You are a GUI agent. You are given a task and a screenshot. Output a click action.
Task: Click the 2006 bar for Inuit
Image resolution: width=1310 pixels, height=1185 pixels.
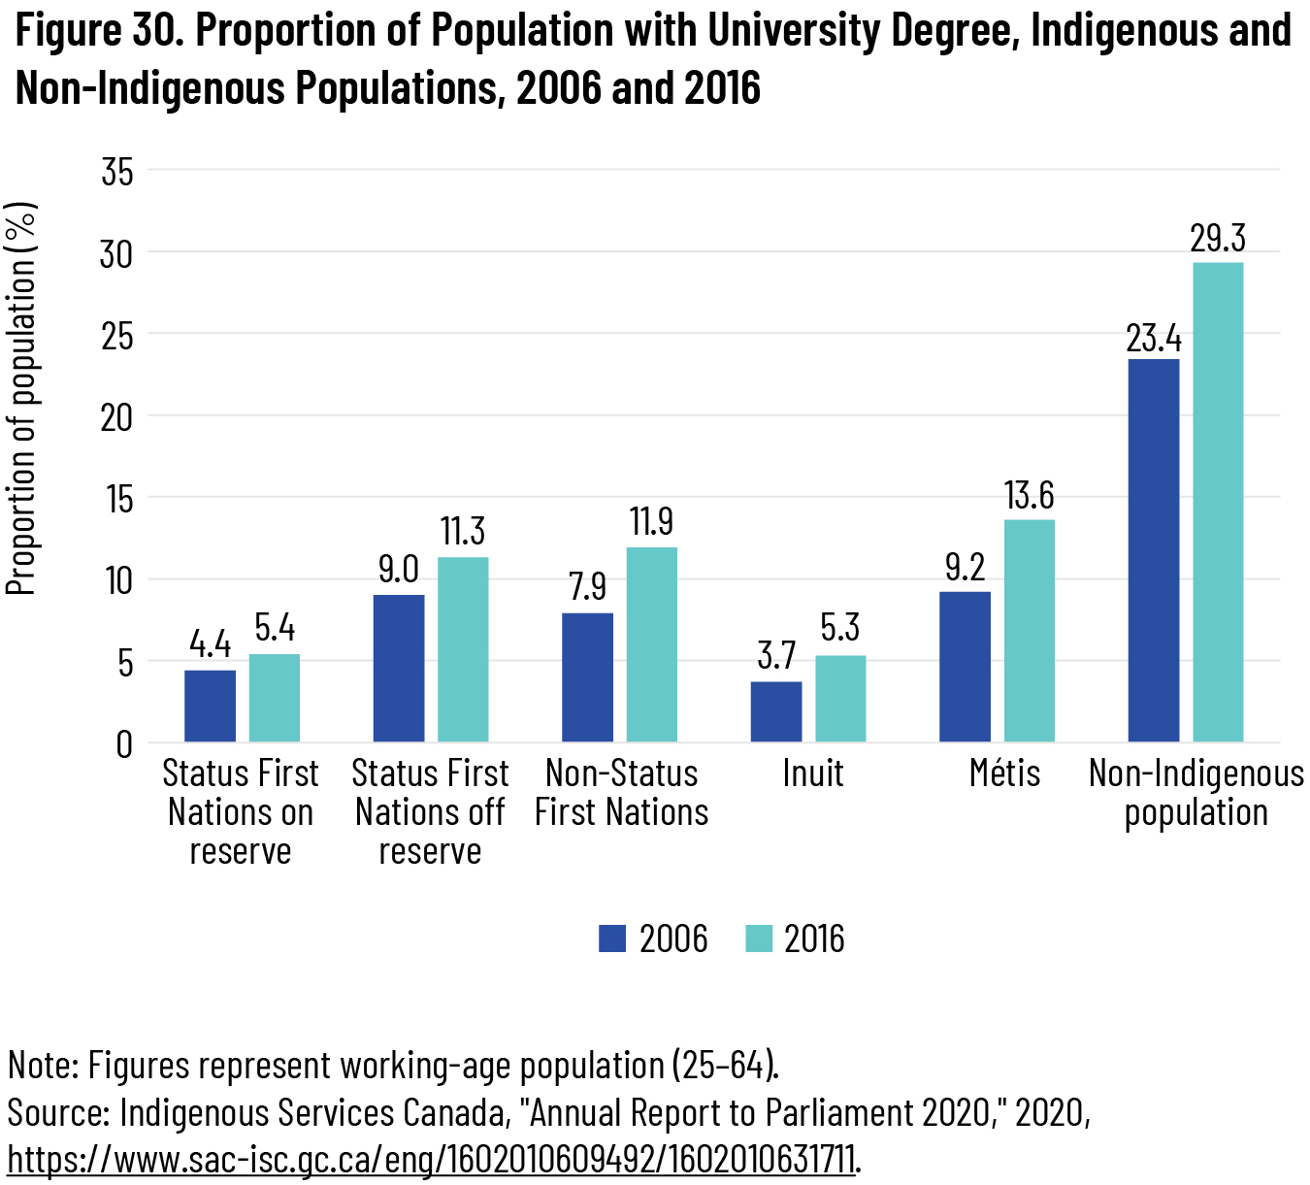(776, 711)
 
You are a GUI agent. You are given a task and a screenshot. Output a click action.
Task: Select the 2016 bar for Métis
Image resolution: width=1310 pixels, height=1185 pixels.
(1030, 631)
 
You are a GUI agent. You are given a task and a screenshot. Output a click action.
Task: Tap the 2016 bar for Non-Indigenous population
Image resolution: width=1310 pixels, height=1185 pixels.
(1218, 502)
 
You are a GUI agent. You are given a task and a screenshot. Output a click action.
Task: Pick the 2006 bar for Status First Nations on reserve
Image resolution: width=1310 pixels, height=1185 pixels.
(210, 706)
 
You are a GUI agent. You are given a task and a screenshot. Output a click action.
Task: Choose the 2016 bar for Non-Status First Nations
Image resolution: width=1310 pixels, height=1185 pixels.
(652, 644)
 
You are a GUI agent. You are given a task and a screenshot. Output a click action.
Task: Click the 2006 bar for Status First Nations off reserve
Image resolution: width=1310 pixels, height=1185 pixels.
(399, 668)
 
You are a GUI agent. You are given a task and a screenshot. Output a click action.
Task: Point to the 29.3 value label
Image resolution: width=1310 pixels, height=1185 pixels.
(1218, 239)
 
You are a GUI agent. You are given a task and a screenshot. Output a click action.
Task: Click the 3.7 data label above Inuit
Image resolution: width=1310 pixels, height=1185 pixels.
(776, 656)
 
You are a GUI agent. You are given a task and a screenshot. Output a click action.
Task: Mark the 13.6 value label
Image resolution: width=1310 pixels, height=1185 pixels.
(1029, 496)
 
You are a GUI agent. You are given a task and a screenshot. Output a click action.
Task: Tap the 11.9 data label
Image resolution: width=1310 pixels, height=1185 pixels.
(651, 522)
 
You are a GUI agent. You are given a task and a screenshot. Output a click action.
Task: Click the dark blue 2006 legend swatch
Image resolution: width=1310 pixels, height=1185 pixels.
(612, 938)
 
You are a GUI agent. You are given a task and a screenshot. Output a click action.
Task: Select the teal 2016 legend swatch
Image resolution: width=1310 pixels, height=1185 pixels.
(758, 938)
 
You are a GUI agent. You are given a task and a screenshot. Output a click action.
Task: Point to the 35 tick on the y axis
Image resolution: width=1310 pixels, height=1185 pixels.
(116, 172)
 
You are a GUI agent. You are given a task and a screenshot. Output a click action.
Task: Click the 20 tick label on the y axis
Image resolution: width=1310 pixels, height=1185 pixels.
(116, 417)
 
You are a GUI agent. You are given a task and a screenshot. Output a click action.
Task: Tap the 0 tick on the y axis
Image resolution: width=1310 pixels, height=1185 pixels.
(124, 744)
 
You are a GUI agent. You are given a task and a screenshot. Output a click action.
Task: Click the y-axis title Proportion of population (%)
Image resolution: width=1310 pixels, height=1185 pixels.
(21, 398)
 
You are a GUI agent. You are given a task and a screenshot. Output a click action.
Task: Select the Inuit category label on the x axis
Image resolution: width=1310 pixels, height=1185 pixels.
(812, 774)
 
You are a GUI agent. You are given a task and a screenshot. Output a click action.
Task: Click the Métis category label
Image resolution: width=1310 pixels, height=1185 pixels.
(1004, 774)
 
